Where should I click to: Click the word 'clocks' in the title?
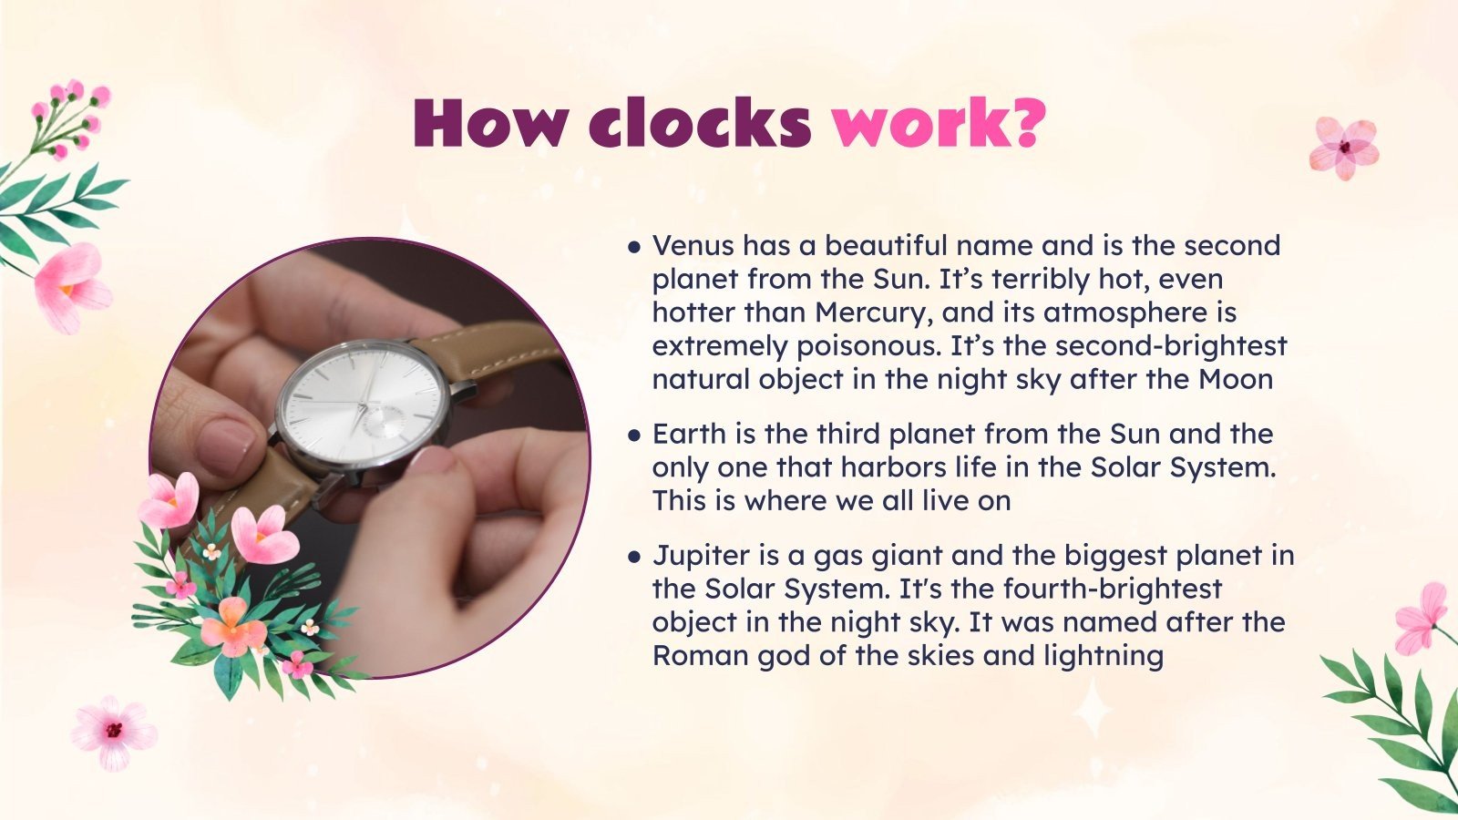coord(699,123)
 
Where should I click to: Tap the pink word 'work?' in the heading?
coord(938,123)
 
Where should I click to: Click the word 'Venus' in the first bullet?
coord(693,245)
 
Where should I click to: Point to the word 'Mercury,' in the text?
coord(874,313)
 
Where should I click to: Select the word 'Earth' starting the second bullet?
coord(689,434)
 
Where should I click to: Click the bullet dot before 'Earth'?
coord(634,435)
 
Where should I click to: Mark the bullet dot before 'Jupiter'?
coord(634,556)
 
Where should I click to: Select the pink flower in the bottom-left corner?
coord(113,731)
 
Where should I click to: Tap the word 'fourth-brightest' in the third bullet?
coord(1113,589)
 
